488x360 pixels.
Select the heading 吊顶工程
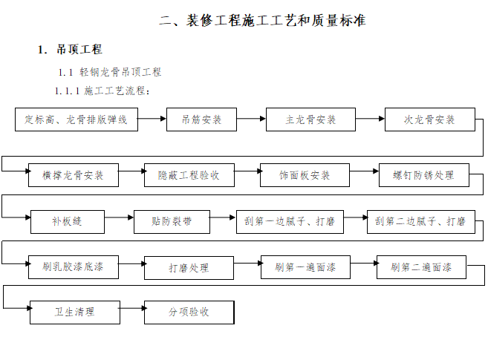click(79, 50)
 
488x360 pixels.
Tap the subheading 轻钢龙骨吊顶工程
click(120, 72)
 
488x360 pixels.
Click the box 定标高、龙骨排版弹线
click(77, 119)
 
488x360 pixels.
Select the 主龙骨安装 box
click(310, 119)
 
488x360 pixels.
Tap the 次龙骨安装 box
click(429, 119)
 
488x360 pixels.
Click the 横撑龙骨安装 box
click(73, 176)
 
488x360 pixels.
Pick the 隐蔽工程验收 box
click(189, 176)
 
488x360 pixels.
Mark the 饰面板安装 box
click(305, 176)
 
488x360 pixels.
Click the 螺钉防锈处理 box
click(423, 175)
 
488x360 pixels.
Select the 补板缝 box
click(67, 221)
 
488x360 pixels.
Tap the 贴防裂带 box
click(172, 221)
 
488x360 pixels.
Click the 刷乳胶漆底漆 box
click(74, 266)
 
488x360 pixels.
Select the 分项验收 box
click(189, 312)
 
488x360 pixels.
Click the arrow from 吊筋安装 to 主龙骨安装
click(252, 119)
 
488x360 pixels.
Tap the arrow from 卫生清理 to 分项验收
click(131, 312)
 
